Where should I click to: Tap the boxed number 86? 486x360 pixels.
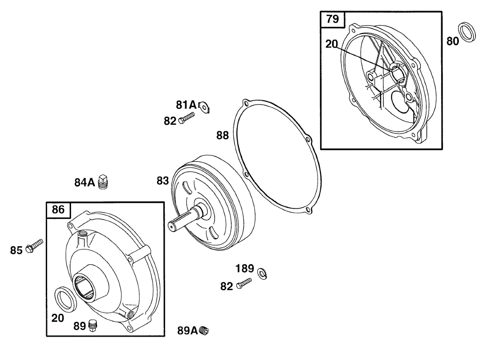pyautogui.click(x=58, y=210)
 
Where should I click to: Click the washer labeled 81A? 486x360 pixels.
pyautogui.click(x=205, y=106)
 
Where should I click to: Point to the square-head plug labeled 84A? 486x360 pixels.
pyautogui.click(x=104, y=182)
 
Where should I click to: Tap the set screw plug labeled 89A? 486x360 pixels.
pyautogui.click(x=205, y=331)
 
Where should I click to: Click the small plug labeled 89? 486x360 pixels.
pyautogui.click(x=93, y=325)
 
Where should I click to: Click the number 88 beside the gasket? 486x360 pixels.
pyautogui.click(x=222, y=135)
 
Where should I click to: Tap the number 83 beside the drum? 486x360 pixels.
pyautogui.click(x=162, y=181)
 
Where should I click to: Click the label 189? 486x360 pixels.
pyautogui.click(x=245, y=268)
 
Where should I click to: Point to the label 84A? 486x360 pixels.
pyautogui.click(x=84, y=183)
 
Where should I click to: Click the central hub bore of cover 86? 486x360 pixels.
pyautogui.click(x=86, y=285)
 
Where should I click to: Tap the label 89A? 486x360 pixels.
pyautogui.click(x=187, y=331)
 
